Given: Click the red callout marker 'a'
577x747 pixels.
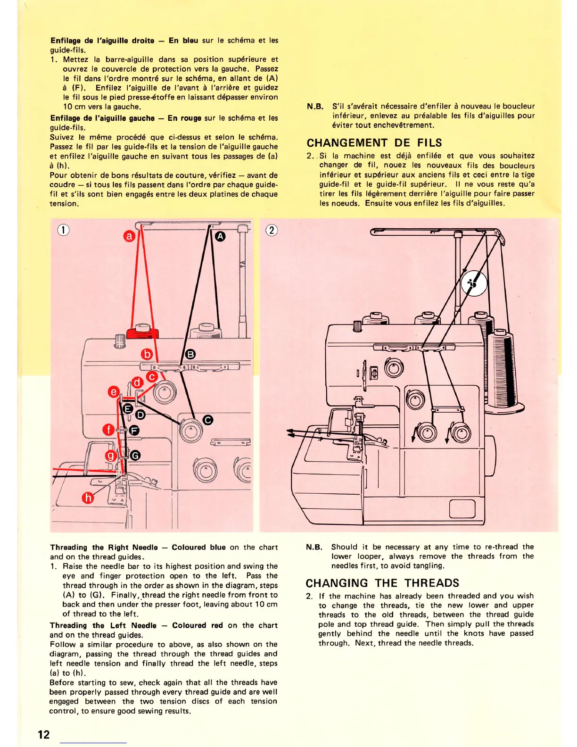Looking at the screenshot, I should tap(129, 236).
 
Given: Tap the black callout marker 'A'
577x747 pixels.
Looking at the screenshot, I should tap(220, 236).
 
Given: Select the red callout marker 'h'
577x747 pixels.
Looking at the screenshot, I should tap(88, 498).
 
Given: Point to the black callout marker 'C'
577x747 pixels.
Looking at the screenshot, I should tap(208, 420).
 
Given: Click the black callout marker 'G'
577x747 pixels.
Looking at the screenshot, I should tap(135, 455).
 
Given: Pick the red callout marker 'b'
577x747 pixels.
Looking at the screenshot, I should tap(148, 354).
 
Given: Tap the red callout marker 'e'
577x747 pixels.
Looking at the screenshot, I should tap(114, 392).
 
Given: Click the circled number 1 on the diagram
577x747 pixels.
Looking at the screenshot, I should tap(63, 230).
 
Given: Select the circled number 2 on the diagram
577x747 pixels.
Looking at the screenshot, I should tap(272, 230).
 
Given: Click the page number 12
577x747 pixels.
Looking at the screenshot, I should tap(44, 734).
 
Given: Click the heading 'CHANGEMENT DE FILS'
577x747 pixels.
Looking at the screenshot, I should tap(374, 143).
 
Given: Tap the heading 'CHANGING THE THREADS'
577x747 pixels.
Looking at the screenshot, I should tap(382, 583).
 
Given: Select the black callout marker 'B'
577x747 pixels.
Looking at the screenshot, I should tap(190, 354).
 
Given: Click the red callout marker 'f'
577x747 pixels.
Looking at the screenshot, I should tap(109, 430).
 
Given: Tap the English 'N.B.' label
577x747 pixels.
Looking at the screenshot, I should tap(314, 547).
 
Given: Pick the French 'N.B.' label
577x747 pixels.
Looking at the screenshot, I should tap(315, 107).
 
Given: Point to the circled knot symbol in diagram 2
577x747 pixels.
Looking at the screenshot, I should tap(474, 283).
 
